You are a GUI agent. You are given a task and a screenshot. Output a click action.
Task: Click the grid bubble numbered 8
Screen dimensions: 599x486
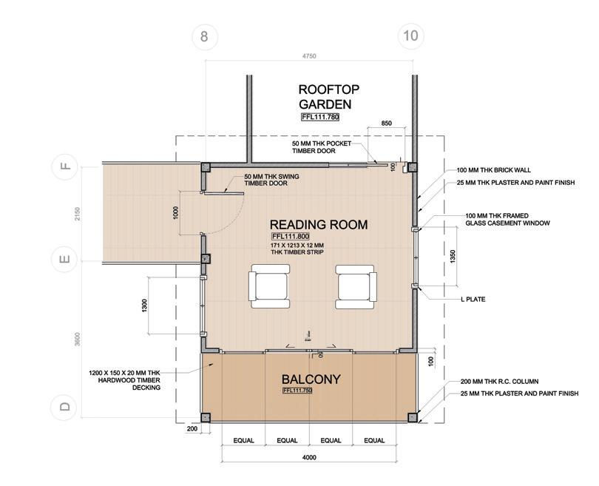click(204, 37)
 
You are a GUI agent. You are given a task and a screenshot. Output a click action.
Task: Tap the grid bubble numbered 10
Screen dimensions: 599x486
click(410, 36)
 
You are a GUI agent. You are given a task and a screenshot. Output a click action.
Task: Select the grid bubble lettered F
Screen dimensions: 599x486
click(65, 166)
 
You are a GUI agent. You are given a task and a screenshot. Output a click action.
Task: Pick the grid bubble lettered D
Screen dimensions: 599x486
click(65, 406)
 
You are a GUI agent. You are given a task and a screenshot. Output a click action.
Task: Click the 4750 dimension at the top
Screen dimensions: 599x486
click(309, 55)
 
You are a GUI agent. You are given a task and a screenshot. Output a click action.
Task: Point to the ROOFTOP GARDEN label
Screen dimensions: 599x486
click(328, 97)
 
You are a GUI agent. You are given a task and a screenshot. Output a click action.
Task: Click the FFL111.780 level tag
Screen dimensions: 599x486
click(320, 117)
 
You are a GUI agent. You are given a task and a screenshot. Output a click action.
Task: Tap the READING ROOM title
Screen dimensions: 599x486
click(319, 224)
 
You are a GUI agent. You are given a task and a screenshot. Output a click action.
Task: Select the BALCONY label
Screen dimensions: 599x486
click(311, 379)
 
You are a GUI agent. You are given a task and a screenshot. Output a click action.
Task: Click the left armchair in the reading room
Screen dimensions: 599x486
click(269, 286)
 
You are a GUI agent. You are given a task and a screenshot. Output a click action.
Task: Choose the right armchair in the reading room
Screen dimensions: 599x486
click(356, 287)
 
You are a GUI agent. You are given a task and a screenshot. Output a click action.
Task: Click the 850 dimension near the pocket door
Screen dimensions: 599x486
click(386, 123)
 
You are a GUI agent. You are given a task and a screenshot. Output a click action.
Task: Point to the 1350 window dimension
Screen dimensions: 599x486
click(453, 257)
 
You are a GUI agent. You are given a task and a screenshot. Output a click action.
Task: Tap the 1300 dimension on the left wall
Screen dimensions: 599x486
click(144, 306)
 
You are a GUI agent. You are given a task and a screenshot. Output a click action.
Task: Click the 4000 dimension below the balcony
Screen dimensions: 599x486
click(309, 457)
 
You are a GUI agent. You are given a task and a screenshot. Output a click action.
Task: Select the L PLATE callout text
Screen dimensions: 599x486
click(473, 299)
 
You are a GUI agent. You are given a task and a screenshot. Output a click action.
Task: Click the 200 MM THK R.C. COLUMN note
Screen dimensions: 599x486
click(499, 381)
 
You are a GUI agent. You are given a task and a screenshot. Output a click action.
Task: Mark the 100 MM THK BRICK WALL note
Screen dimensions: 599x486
click(493, 170)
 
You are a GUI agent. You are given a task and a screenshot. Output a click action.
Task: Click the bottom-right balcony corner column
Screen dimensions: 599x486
click(413, 417)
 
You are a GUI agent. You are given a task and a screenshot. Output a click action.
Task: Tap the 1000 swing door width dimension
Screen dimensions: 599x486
click(175, 214)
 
